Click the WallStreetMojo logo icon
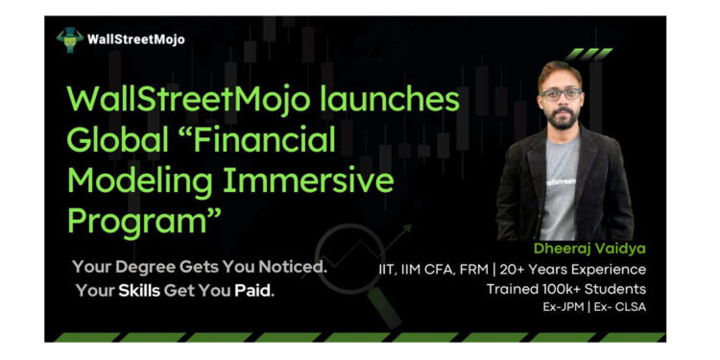point(69,39)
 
